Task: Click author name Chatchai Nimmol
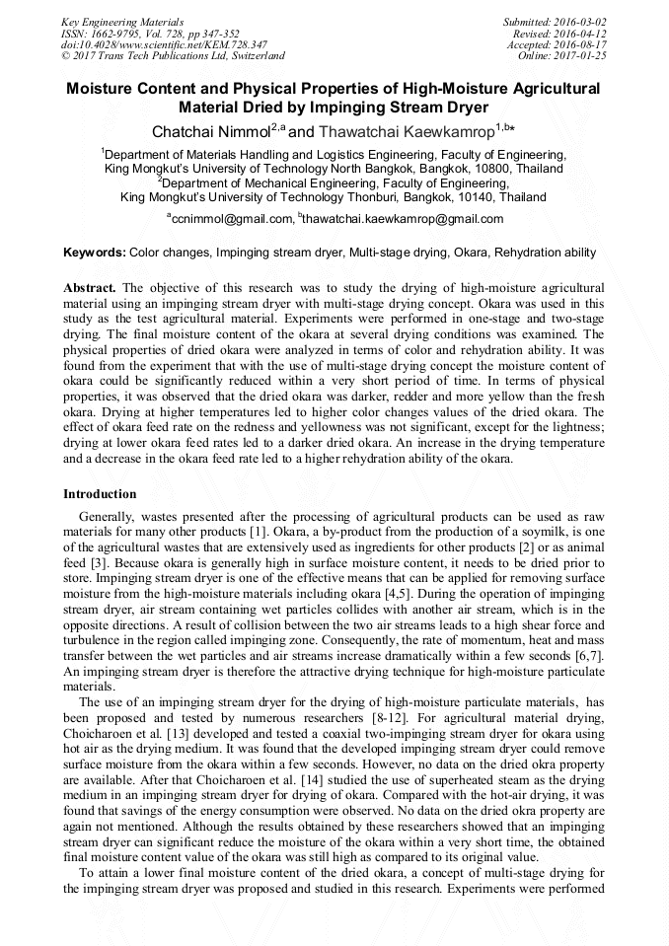click(x=211, y=131)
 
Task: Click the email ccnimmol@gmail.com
click(x=233, y=219)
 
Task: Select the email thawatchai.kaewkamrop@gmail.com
click(x=404, y=219)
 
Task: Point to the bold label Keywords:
click(x=95, y=253)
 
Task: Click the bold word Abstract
click(x=90, y=287)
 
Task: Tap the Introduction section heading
click(x=100, y=493)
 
